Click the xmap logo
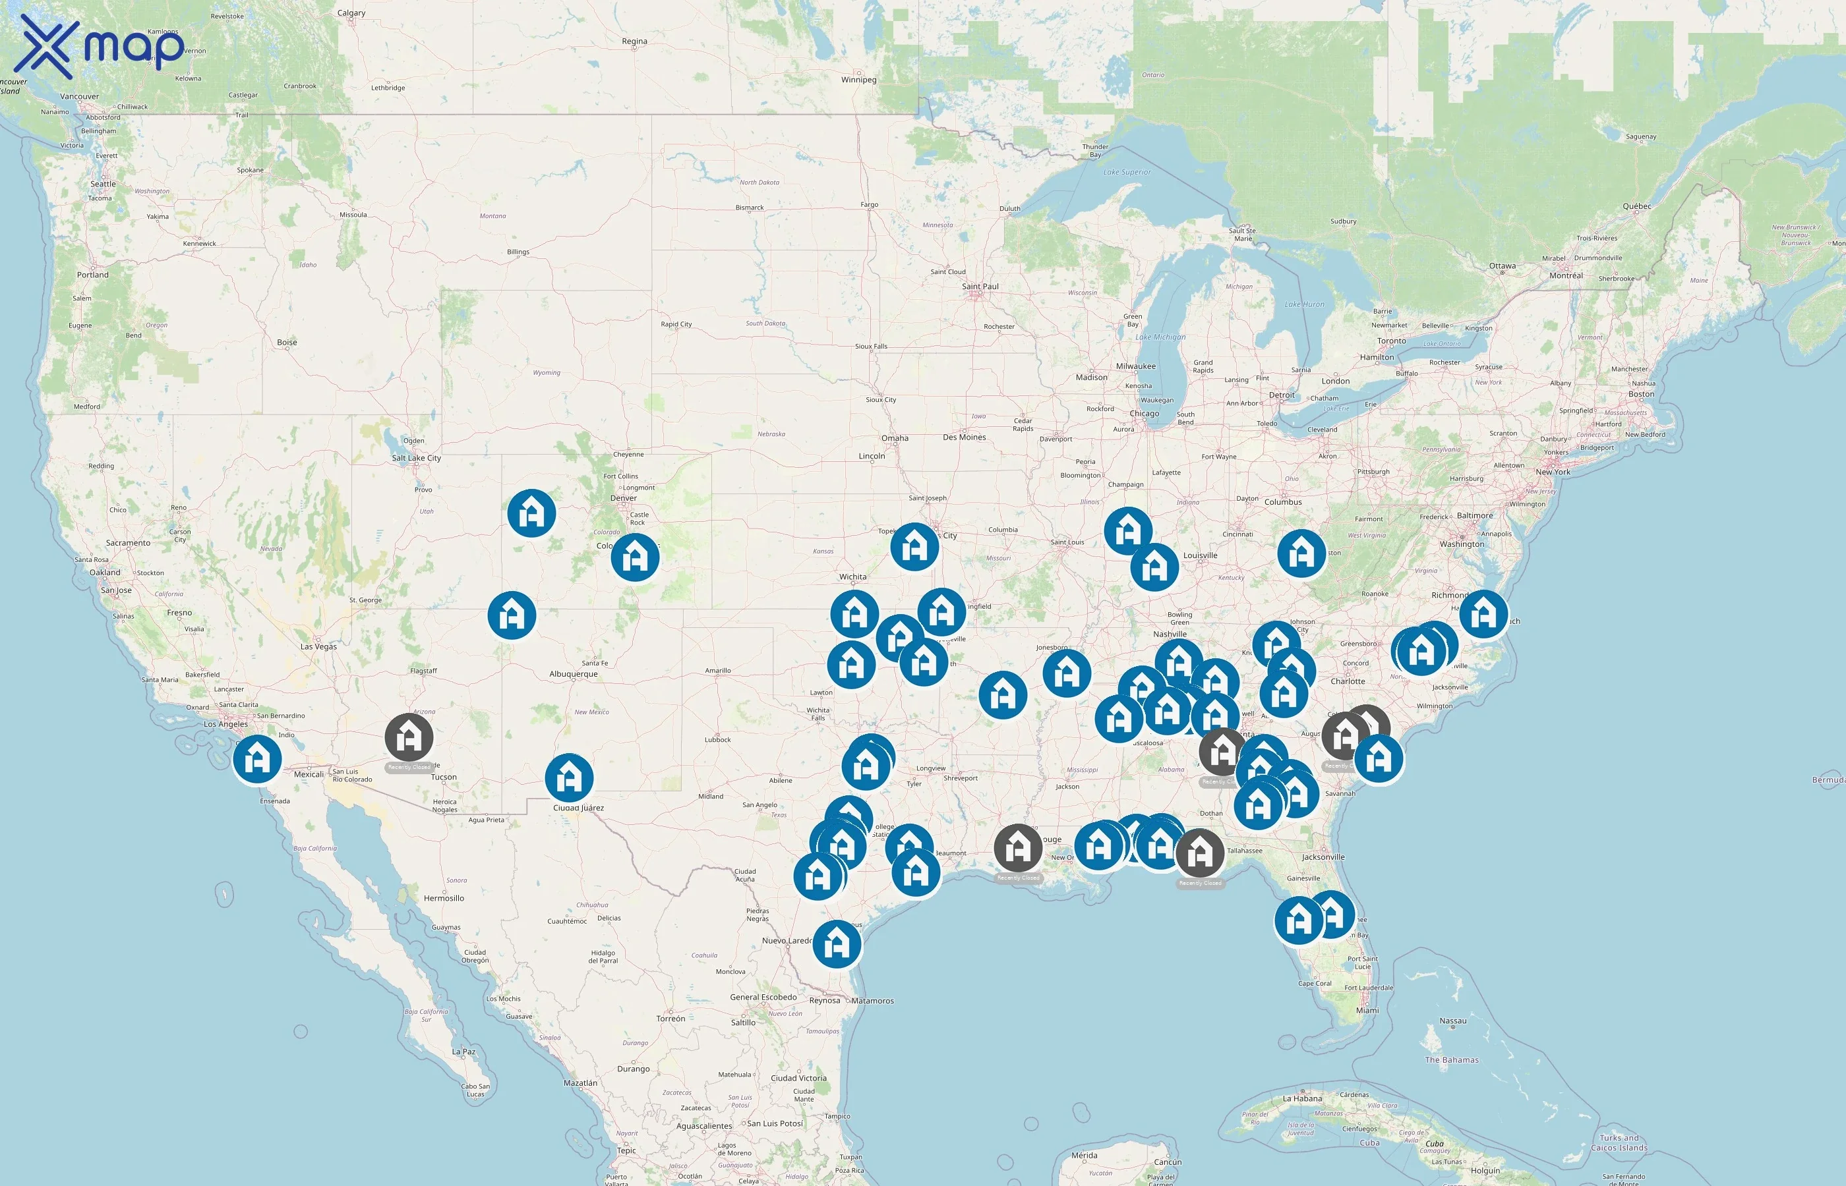pos(100,46)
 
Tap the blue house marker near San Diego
pos(257,758)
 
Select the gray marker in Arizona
pos(409,737)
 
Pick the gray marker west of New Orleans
pos(1018,847)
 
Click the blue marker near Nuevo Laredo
pos(837,943)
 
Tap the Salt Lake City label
pos(416,458)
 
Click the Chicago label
pos(1144,414)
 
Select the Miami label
pos(1367,1011)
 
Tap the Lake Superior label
pos(1127,173)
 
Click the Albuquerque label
pos(573,675)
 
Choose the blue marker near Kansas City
pos(914,547)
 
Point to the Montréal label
pos(1566,275)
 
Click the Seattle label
pos(104,184)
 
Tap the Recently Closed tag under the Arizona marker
pos(409,768)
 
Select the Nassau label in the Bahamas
pos(1452,1021)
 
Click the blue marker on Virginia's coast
pos(1483,614)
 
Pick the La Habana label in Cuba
pos(1302,1098)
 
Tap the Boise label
pos(287,343)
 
